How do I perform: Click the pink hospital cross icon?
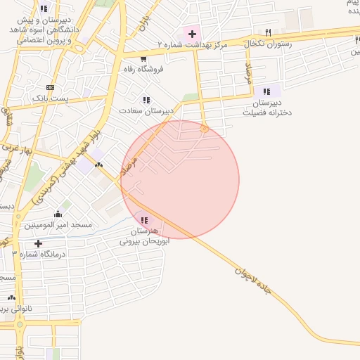click(x=191, y=33)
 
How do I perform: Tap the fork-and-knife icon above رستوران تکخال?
click(x=268, y=32)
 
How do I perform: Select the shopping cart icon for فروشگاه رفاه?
click(x=143, y=58)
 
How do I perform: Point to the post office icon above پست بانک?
click(x=50, y=87)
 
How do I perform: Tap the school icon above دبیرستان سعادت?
click(x=146, y=100)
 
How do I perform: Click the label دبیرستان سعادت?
click(x=146, y=111)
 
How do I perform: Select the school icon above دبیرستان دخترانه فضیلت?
click(x=266, y=91)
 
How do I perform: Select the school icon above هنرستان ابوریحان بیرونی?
click(x=144, y=220)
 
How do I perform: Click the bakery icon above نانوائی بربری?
click(x=11, y=297)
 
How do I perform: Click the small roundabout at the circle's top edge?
click(x=205, y=129)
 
